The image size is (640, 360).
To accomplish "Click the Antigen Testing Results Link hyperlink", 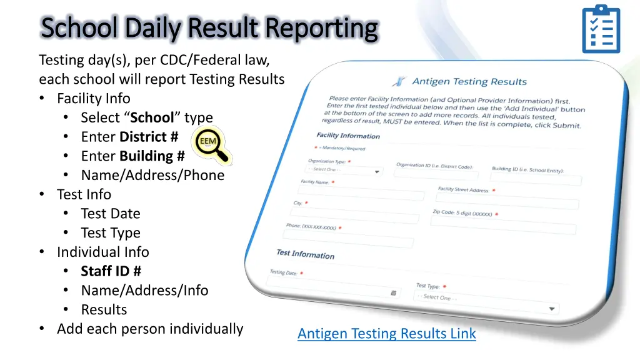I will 386,334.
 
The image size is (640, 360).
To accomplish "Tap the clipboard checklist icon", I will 601,29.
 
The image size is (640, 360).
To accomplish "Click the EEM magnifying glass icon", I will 211,145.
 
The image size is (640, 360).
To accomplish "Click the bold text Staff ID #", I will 111,271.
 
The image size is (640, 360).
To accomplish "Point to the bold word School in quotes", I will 151,117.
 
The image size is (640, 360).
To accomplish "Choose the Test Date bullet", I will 110,214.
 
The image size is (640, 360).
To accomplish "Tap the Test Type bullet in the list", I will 110,233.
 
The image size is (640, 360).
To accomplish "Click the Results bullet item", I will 104,310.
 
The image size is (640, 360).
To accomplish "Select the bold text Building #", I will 152,156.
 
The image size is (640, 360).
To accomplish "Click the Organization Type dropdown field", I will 343,171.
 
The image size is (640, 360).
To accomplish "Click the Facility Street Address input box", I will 507,202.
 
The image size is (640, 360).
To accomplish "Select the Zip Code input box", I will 503,227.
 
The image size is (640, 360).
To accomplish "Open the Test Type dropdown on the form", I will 486,302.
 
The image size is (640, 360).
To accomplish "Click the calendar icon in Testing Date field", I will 393,292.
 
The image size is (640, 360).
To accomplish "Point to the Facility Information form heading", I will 348,136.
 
